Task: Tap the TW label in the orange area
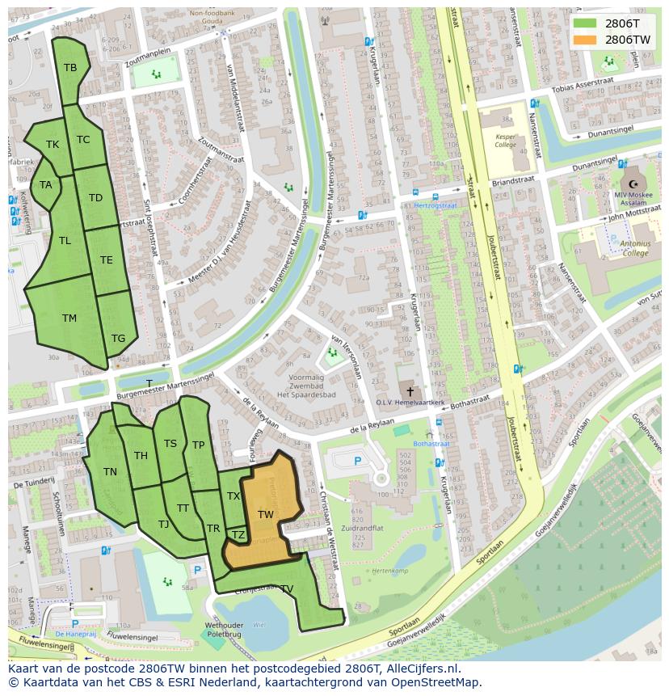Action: pos(266,514)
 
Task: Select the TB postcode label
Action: pos(70,68)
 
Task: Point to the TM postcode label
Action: pos(69,318)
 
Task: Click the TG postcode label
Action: pos(118,339)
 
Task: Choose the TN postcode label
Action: pos(110,472)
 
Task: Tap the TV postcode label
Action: pos(286,588)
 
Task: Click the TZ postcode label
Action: pos(238,535)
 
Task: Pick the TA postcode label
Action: pos(45,185)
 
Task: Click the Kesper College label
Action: pos(505,141)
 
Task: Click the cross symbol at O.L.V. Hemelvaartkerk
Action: pos(406,389)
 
